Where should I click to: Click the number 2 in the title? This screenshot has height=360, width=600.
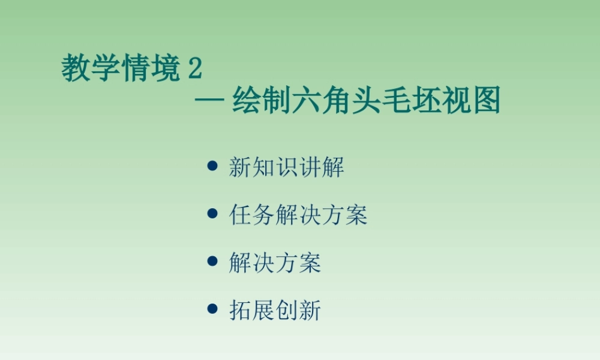(x=195, y=70)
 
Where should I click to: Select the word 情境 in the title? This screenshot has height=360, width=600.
(x=151, y=70)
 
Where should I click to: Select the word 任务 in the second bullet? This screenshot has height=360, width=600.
(x=252, y=215)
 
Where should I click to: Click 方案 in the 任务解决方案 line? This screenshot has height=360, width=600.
(x=344, y=215)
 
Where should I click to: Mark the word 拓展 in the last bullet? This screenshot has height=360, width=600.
(x=252, y=311)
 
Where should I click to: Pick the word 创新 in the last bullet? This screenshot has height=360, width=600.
(x=298, y=311)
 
